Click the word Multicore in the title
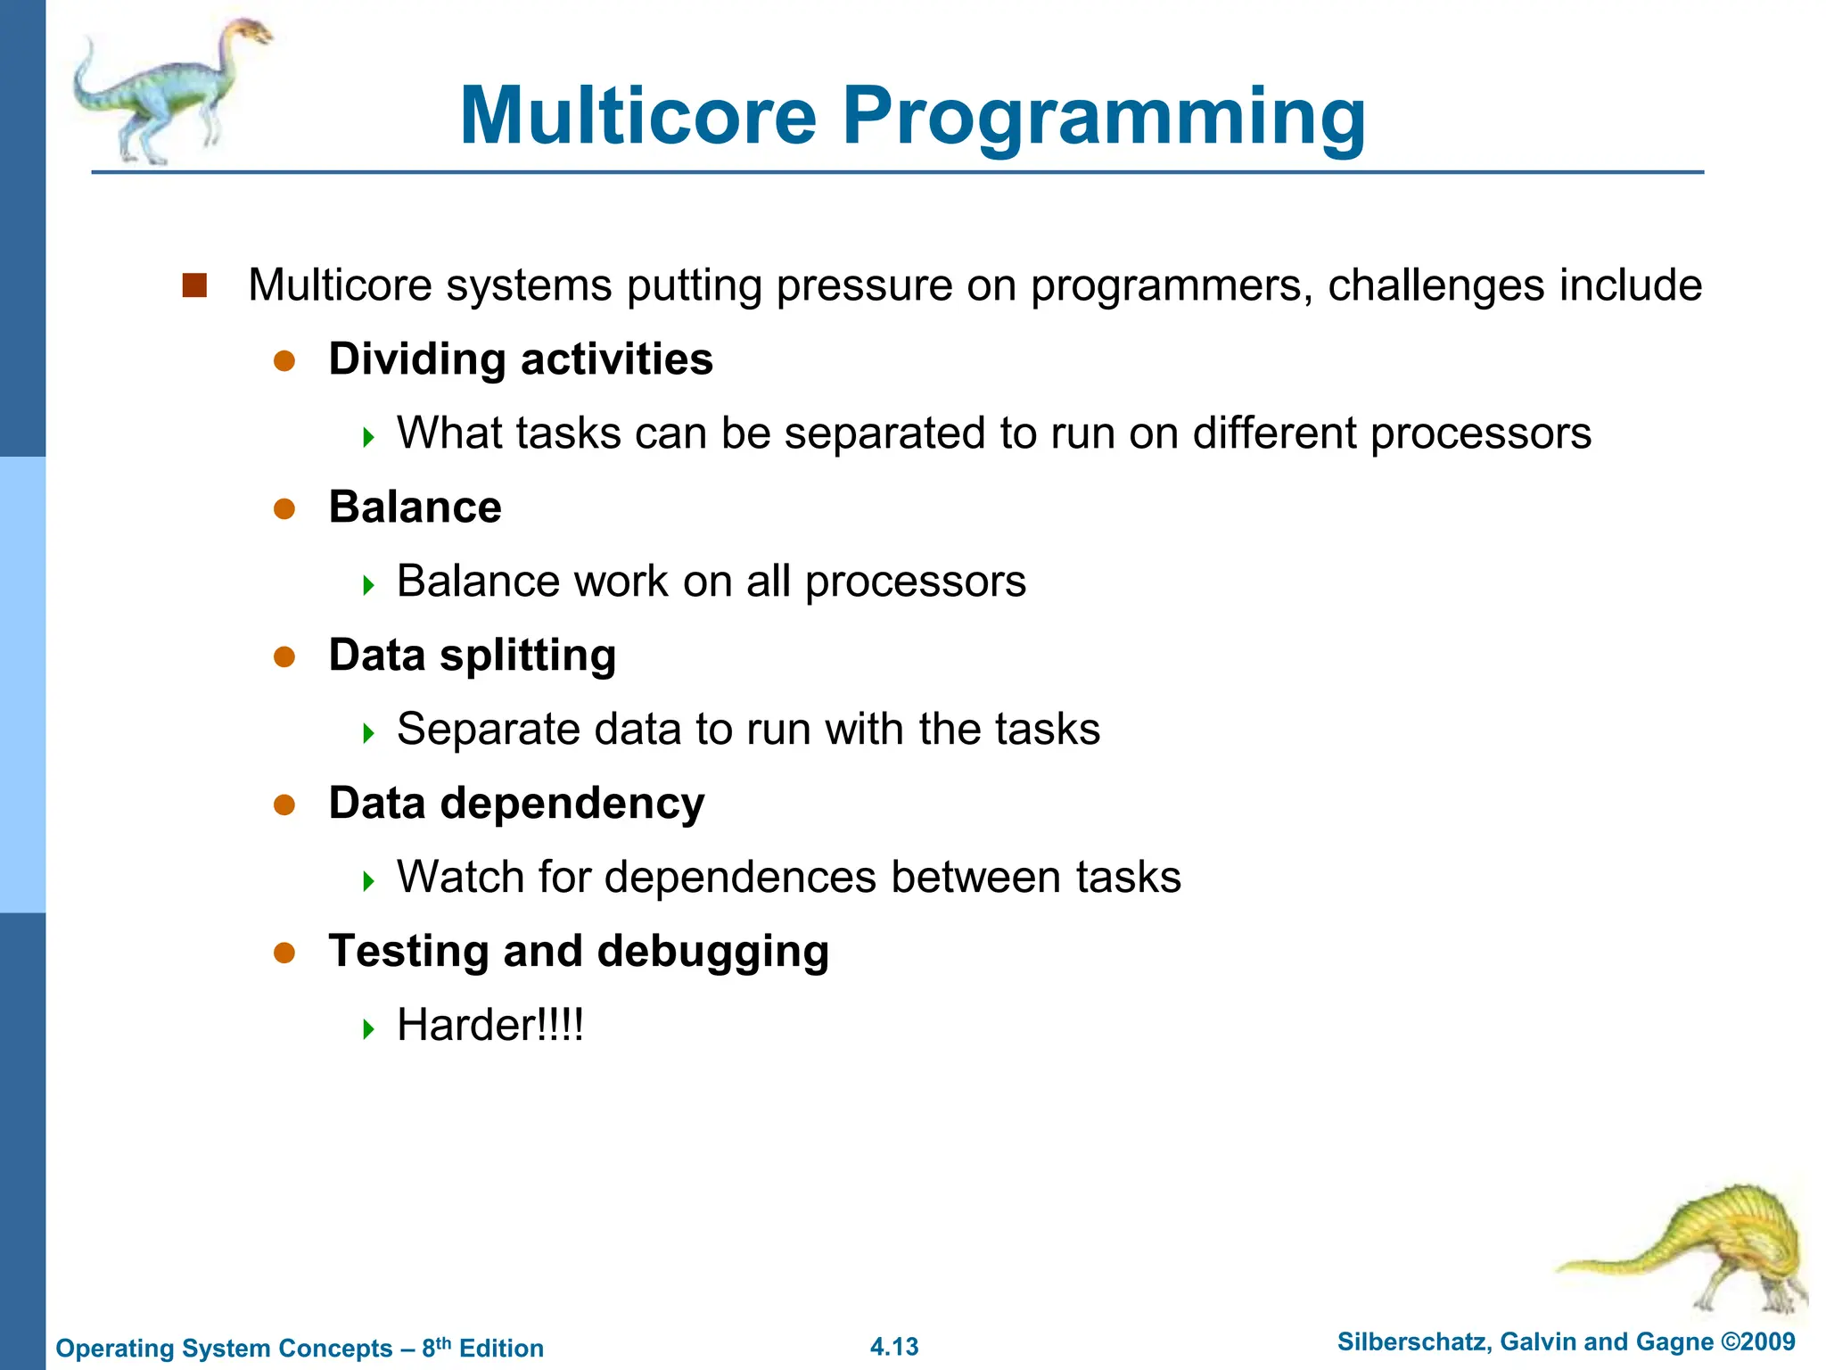tap(638, 116)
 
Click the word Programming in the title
tap(1104, 116)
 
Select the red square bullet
tap(194, 285)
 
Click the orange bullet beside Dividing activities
tap(284, 360)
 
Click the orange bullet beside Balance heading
tap(284, 508)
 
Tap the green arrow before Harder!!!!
tap(369, 1029)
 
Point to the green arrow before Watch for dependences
tap(369, 881)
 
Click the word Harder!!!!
tap(490, 1026)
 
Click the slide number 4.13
tap(894, 1347)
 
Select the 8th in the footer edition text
tap(436, 1347)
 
